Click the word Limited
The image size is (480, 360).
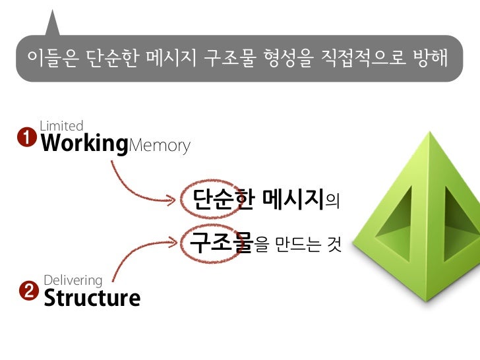point(61,125)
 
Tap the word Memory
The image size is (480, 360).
point(159,145)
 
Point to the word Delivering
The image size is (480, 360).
point(73,280)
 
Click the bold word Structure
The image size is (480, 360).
point(92,297)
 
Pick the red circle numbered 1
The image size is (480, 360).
point(26,138)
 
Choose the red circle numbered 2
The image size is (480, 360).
point(28,291)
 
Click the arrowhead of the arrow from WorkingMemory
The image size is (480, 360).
point(184,197)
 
